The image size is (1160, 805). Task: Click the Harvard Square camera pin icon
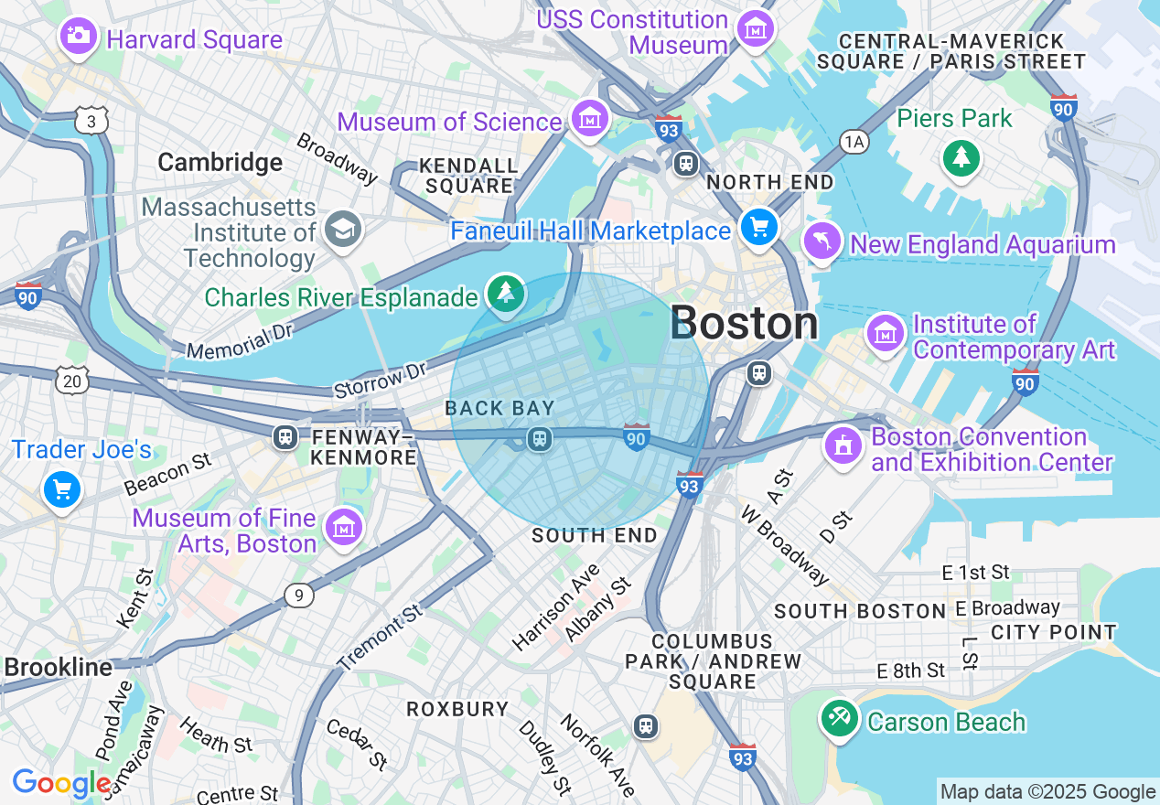click(x=78, y=36)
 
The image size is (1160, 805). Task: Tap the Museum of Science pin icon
click(x=590, y=117)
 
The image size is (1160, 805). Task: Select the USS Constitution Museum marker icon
click(x=756, y=29)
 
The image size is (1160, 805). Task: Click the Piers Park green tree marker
click(x=961, y=158)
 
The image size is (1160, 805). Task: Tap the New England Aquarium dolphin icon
click(x=822, y=241)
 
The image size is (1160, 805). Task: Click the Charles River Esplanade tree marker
click(x=505, y=292)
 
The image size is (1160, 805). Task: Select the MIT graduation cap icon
click(x=343, y=229)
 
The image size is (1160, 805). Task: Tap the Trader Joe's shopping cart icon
click(x=62, y=490)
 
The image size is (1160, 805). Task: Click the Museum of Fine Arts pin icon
click(x=344, y=527)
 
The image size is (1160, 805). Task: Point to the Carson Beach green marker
click(x=839, y=718)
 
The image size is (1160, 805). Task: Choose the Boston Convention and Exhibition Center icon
click(x=844, y=445)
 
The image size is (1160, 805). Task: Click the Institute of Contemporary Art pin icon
click(x=886, y=333)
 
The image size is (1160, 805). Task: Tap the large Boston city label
click(x=744, y=323)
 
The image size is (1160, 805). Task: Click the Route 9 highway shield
click(x=298, y=596)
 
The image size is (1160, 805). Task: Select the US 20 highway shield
click(x=72, y=381)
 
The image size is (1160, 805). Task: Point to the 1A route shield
click(x=854, y=141)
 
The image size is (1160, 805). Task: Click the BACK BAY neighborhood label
click(x=499, y=407)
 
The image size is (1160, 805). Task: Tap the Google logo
click(x=60, y=783)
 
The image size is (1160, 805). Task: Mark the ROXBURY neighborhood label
click(x=457, y=709)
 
